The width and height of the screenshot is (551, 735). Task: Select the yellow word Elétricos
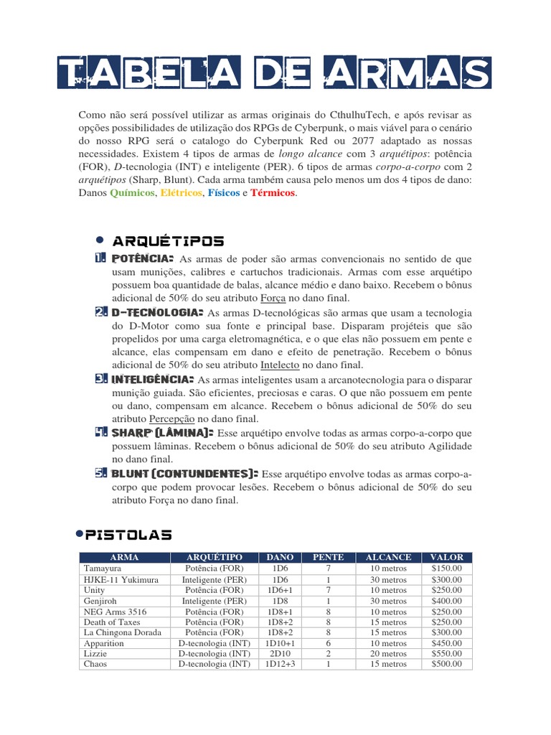coord(182,194)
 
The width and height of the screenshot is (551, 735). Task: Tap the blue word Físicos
coord(224,194)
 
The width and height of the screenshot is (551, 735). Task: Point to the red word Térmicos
coord(273,194)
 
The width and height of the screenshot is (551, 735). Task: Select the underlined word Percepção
coord(172,418)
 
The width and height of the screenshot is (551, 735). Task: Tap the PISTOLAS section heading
coord(128,535)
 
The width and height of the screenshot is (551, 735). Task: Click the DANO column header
coord(280,557)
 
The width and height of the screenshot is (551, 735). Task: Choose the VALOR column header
coord(446,557)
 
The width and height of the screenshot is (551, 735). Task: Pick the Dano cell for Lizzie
coord(280,654)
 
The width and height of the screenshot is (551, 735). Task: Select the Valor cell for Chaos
coord(446,665)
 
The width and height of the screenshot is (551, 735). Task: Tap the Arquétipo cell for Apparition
coord(215,643)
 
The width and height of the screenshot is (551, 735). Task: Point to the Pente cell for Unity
coord(328,589)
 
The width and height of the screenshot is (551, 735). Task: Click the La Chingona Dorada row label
coord(123,632)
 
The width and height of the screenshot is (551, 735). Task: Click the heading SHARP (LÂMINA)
coord(161,433)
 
